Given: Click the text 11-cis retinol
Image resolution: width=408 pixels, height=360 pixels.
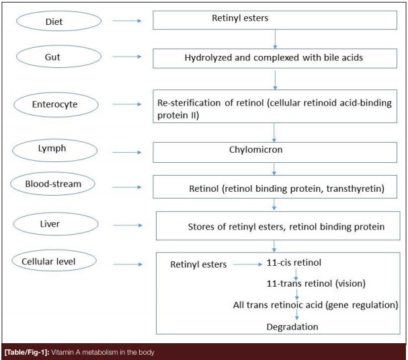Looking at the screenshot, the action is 294,262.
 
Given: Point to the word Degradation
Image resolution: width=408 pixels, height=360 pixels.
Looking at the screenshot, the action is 292,327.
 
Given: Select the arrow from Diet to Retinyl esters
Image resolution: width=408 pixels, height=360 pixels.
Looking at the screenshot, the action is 127,21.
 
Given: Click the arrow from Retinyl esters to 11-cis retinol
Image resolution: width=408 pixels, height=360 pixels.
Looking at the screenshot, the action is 248,264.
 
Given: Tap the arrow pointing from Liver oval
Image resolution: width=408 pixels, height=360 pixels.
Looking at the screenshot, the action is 128,225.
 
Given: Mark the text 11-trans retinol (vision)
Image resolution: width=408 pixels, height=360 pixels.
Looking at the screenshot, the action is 316,283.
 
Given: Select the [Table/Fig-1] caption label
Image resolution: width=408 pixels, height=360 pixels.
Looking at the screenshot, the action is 27,353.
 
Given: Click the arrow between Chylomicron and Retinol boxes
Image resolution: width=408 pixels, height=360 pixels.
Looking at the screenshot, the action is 274,169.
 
